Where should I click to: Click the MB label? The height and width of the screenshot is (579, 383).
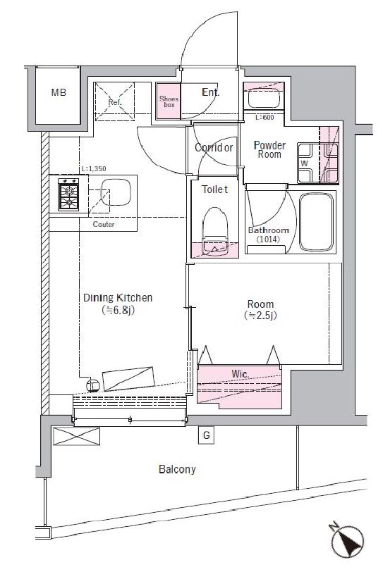click(x=59, y=92)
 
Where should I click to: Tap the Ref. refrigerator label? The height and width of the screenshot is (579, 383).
click(x=115, y=102)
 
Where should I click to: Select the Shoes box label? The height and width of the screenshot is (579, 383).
click(x=169, y=101)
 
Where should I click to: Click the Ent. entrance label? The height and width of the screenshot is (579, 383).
click(x=210, y=92)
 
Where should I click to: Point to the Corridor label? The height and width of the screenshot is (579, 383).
click(x=214, y=148)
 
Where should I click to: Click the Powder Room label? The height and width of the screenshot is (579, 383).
click(x=269, y=149)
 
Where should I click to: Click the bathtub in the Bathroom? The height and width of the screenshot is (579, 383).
click(x=317, y=222)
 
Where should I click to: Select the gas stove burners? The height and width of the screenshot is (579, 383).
click(x=68, y=194)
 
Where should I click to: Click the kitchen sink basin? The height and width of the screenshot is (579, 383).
click(x=116, y=193)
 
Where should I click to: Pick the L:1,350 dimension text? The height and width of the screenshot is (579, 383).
click(x=94, y=169)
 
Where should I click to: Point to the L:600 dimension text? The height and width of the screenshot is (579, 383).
click(x=265, y=118)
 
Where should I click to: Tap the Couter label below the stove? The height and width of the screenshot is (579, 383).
click(x=104, y=224)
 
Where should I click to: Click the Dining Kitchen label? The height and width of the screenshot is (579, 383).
click(x=118, y=298)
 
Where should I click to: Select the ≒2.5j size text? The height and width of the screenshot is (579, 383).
click(x=260, y=316)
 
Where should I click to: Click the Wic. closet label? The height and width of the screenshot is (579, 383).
click(x=241, y=374)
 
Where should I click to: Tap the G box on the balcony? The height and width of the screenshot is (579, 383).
click(x=206, y=436)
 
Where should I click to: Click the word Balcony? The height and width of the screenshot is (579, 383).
click(x=177, y=469)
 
